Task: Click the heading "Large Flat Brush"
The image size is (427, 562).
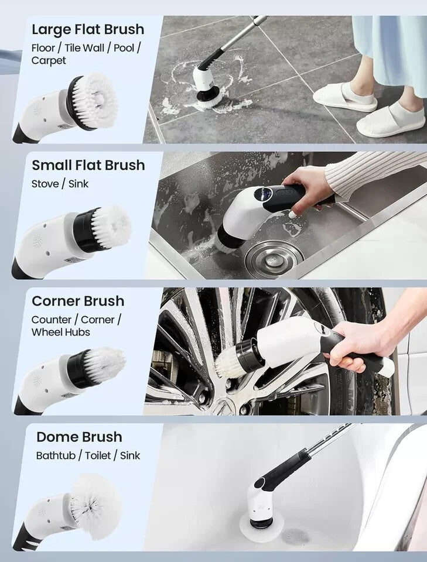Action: coord(88,30)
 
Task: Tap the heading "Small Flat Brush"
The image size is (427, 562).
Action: coord(88,165)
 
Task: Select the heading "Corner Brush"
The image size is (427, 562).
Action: coord(78,301)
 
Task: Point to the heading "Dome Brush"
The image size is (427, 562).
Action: coord(79,437)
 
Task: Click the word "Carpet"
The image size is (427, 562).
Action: coord(49,60)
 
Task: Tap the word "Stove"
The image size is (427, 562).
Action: coord(45,184)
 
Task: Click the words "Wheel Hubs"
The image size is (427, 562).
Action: coord(60,333)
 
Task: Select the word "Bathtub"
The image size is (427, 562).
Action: coord(56,455)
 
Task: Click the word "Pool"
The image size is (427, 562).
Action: coord(124,48)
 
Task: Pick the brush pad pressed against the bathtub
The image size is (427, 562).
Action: coord(262,528)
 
